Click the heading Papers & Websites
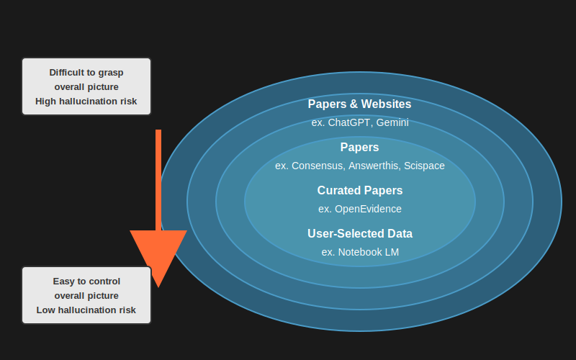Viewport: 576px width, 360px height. coord(359,104)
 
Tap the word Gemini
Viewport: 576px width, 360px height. coord(392,122)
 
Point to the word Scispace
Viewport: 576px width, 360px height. coord(424,166)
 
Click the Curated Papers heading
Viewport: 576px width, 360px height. coord(359,191)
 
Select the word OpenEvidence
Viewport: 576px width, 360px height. coord(368,209)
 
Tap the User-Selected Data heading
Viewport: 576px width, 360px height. coord(359,234)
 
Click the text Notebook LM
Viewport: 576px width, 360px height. coord(368,252)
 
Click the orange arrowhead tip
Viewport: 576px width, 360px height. coord(158,285)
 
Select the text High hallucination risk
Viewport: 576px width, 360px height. coord(86,102)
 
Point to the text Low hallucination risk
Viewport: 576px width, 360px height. coord(86,310)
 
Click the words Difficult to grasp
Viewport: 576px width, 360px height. coord(86,73)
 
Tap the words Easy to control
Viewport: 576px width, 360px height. coord(86,282)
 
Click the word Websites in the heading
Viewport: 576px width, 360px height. coord(386,104)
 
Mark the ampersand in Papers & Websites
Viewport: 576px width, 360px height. coord(352,104)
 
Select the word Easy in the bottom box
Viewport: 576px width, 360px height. coord(63,282)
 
